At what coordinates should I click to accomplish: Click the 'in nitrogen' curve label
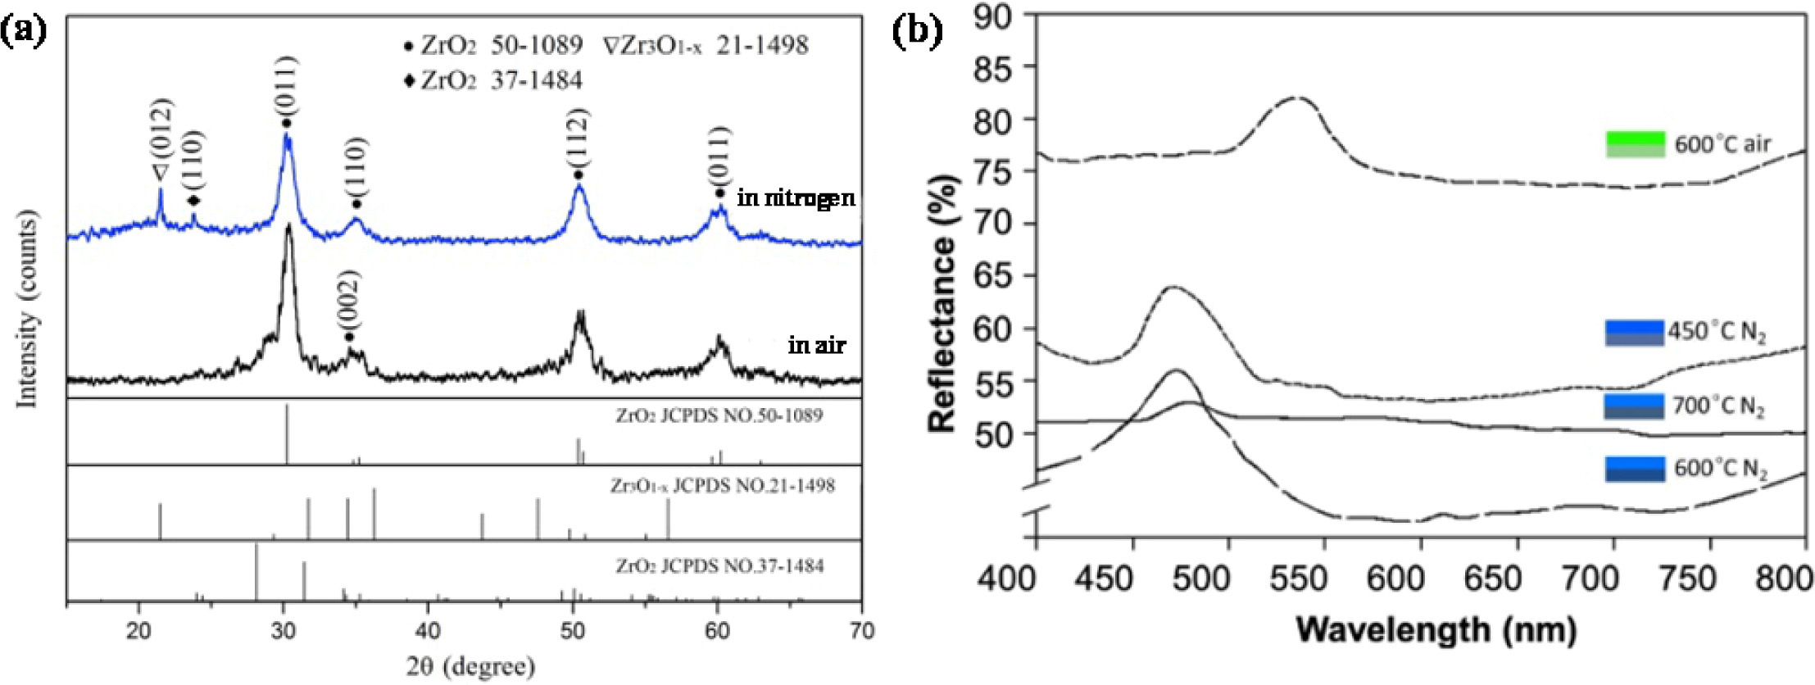(796, 197)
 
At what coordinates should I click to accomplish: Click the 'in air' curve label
(816, 345)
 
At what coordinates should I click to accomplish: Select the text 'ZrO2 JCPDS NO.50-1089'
(719, 415)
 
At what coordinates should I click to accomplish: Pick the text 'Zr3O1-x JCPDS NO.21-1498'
(722, 486)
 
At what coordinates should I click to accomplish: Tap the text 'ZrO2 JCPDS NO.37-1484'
(719, 566)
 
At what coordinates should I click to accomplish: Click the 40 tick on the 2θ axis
(428, 631)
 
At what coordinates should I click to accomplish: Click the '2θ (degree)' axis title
(470, 666)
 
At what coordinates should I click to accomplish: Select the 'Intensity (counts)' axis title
(28, 308)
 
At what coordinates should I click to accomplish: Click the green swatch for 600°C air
(1635, 144)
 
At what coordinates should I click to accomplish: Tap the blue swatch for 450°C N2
(1634, 333)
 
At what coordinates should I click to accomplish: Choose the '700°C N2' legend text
(1717, 407)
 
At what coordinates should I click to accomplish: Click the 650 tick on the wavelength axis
(1493, 579)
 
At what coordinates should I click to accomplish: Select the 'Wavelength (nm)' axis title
(1436, 628)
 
